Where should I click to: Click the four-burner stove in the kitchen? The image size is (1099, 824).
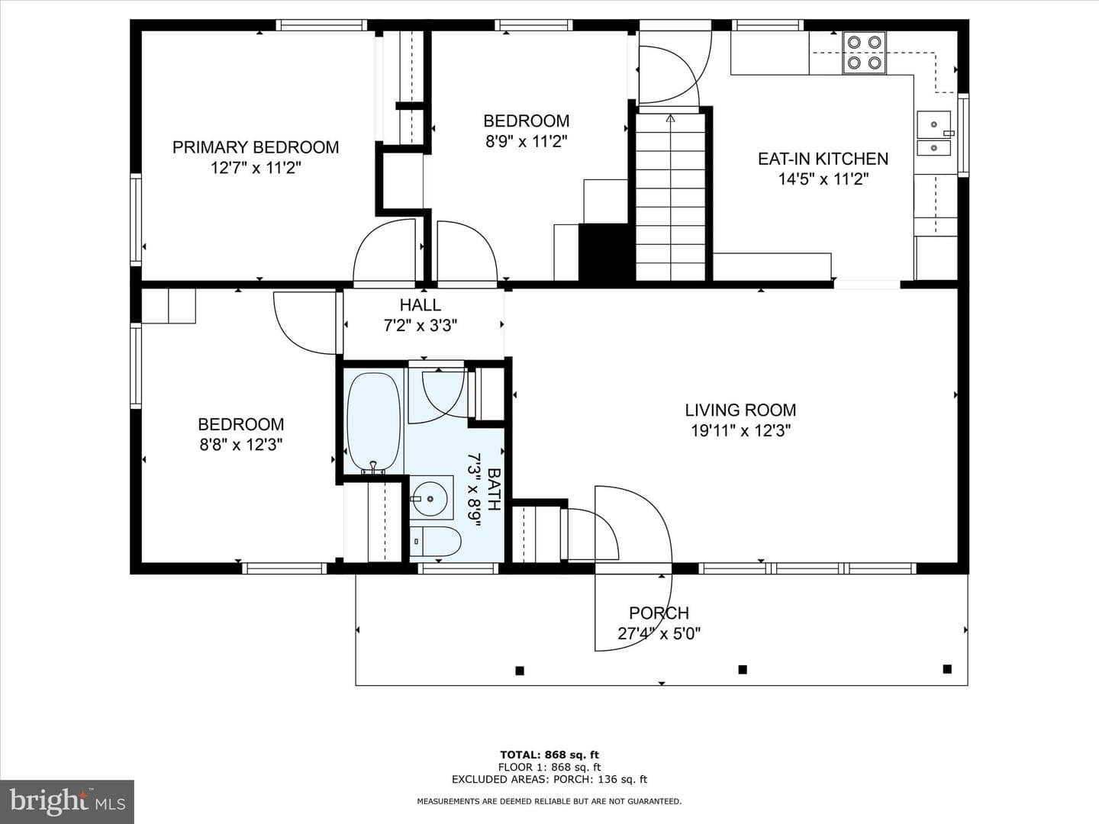coord(864,53)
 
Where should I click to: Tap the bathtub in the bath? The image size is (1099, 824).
coord(375,422)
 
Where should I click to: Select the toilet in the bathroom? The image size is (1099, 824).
coord(435,542)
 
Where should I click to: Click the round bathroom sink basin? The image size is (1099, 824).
coord(430,498)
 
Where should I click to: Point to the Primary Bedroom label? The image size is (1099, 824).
coord(256,147)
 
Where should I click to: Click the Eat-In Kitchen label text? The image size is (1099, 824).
coord(823,159)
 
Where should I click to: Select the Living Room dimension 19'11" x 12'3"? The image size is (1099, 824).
coord(740,430)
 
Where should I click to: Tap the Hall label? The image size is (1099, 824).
coord(420,304)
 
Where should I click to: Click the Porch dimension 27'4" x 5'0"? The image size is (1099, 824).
coord(659,634)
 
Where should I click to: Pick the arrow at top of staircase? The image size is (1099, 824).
coord(670,118)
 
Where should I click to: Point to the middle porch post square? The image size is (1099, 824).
coord(743,669)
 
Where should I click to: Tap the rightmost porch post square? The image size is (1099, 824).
coord(947,669)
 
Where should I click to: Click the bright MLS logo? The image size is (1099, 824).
coord(66,801)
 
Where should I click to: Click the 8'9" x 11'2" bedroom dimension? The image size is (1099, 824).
coord(526,142)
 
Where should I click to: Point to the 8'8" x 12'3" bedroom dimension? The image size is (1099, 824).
coord(241,445)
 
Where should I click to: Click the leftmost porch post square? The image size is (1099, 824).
coord(520,671)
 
